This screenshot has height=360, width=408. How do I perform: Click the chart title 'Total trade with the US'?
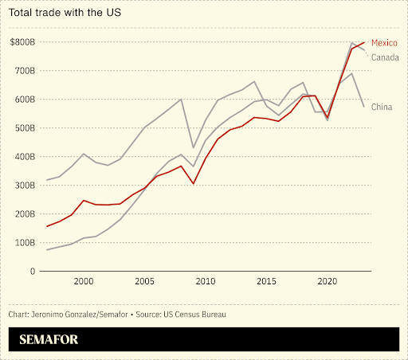pos(66,14)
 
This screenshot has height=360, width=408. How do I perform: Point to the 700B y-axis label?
pos(26,70)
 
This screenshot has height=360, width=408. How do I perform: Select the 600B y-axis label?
pos(26,99)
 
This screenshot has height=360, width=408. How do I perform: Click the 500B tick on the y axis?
pos(26,127)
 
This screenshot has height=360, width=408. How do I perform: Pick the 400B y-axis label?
pos(26,156)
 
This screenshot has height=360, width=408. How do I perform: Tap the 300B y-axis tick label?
pos(26,185)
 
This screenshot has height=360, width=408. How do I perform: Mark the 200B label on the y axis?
pos(26,213)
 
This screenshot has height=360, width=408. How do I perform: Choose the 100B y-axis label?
pos(26,242)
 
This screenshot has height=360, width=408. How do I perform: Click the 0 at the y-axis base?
pos(33,271)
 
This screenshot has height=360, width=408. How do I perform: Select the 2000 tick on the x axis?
pos(83,282)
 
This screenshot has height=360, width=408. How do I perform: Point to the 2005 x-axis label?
pos(144,282)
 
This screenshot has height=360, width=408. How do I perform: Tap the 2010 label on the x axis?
pos(205,282)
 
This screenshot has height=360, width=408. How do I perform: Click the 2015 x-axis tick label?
pos(266,282)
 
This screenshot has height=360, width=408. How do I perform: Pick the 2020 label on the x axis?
pos(327,282)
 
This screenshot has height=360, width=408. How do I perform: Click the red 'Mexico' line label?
pos(385,43)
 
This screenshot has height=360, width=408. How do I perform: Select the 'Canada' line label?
pos(385,57)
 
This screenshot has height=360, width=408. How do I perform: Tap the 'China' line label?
pos(382,107)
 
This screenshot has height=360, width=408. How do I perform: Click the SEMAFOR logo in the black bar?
pos(49,340)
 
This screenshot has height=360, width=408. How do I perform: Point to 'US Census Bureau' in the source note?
pos(194,315)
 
